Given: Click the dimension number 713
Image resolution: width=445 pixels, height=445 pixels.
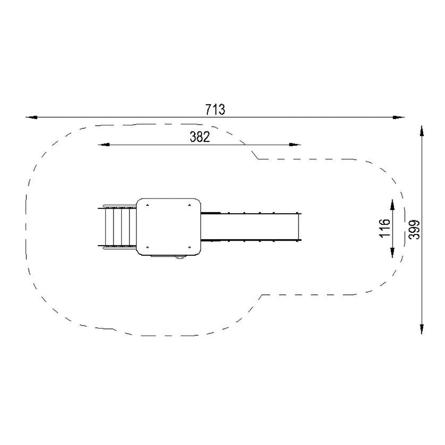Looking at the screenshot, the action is tap(215, 109).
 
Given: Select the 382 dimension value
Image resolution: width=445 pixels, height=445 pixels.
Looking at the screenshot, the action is tap(200, 137).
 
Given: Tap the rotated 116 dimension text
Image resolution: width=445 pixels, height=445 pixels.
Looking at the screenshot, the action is tap(385, 228).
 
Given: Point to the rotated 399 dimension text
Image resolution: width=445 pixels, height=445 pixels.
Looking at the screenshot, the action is tap(414, 230).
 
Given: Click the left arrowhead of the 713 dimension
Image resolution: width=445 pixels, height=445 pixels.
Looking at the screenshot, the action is tap(32, 117).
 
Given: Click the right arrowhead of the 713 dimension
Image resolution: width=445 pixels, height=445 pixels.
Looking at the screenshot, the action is tap(398, 117).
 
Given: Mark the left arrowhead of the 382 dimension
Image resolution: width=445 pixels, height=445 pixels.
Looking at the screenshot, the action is tap(104, 145).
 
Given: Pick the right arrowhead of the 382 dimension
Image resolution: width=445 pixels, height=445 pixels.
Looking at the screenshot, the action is tap(295, 145).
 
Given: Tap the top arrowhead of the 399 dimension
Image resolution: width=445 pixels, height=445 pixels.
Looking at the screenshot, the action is tap(422, 131).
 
